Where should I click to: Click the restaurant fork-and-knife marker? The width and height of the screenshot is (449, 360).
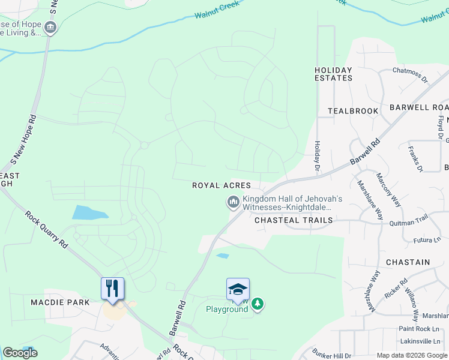pyautogui.click(x=112, y=289)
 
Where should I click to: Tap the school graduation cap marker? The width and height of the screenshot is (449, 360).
pyautogui.click(x=238, y=289)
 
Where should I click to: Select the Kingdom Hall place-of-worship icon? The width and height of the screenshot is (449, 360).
pyautogui.click(x=233, y=203)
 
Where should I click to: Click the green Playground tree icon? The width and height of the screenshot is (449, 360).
pyautogui.click(x=258, y=304)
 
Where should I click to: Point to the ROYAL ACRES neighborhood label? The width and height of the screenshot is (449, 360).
pyautogui.click(x=221, y=185)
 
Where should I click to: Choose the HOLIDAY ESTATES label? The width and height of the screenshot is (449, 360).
pyautogui.click(x=333, y=74)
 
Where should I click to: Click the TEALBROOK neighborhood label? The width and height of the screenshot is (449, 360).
pyautogui.click(x=353, y=111)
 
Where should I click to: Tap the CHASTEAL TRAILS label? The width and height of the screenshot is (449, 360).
pyautogui.click(x=294, y=220)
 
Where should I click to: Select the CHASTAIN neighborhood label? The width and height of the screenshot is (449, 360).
pyautogui.click(x=408, y=262)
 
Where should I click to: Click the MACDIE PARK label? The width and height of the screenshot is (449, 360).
pyautogui.click(x=60, y=302)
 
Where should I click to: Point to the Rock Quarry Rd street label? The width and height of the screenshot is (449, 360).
pyautogui.click(x=46, y=230)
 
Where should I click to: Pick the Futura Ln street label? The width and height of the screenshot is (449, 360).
pyautogui.click(x=427, y=241)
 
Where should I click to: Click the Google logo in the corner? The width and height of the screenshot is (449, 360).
pyautogui.click(x=20, y=353)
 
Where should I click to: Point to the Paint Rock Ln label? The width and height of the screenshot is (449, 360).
pyautogui.click(x=419, y=328)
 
